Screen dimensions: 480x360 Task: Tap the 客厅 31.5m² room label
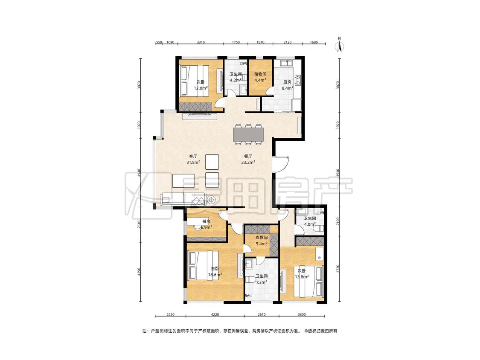tap(193, 160)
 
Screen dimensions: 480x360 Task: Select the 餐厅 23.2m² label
tap(248, 160)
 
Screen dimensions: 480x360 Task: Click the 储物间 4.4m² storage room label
tap(260, 77)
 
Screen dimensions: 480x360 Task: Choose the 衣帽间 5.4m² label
tap(262, 241)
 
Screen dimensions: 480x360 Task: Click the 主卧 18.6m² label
tap(215, 272)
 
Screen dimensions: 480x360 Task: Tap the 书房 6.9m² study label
tap(207, 224)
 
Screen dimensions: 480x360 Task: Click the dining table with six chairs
tap(248, 134)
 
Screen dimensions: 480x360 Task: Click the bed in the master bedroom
tap(203, 265)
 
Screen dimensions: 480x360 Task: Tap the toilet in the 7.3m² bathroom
tap(251, 279)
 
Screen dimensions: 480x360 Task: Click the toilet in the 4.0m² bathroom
tap(319, 228)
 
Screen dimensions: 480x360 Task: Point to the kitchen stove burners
tap(297, 80)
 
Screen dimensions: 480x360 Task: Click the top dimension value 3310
tap(201, 42)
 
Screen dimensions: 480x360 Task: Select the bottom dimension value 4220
tap(215, 314)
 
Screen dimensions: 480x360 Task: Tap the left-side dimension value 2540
tap(139, 224)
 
